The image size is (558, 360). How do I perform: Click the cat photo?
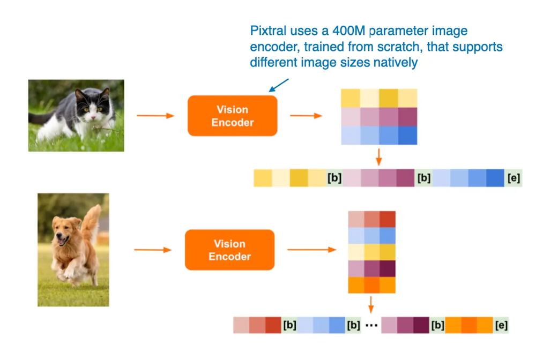pos(76,115)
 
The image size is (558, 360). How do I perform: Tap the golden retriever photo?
pos(73,250)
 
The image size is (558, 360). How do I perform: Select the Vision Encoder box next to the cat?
pos(232,116)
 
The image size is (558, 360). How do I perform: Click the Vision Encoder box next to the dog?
pos(229,250)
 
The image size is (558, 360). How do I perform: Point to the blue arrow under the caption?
pos(279,85)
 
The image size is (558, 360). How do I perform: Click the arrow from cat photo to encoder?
pos(155,116)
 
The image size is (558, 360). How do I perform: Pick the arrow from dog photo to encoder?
pos(152,250)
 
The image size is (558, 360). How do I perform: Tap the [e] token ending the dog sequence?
pos(501,325)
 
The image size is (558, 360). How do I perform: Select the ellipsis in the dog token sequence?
pos(371,325)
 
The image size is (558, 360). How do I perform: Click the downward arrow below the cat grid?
pos(379,157)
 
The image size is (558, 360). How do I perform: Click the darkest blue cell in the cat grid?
pos(407,136)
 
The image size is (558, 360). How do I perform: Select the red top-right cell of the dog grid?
pos(388,219)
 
